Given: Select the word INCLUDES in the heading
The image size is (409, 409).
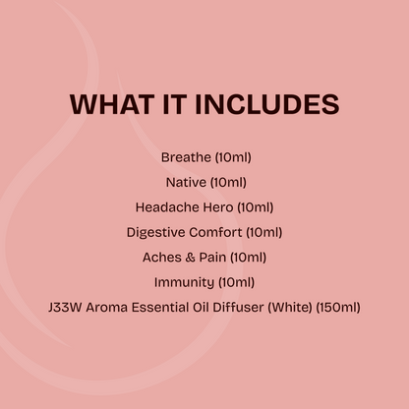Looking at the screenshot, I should coord(268,104).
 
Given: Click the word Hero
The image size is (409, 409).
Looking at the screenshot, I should coord(217,206).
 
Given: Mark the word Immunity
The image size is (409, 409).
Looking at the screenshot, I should coord(183,283).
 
